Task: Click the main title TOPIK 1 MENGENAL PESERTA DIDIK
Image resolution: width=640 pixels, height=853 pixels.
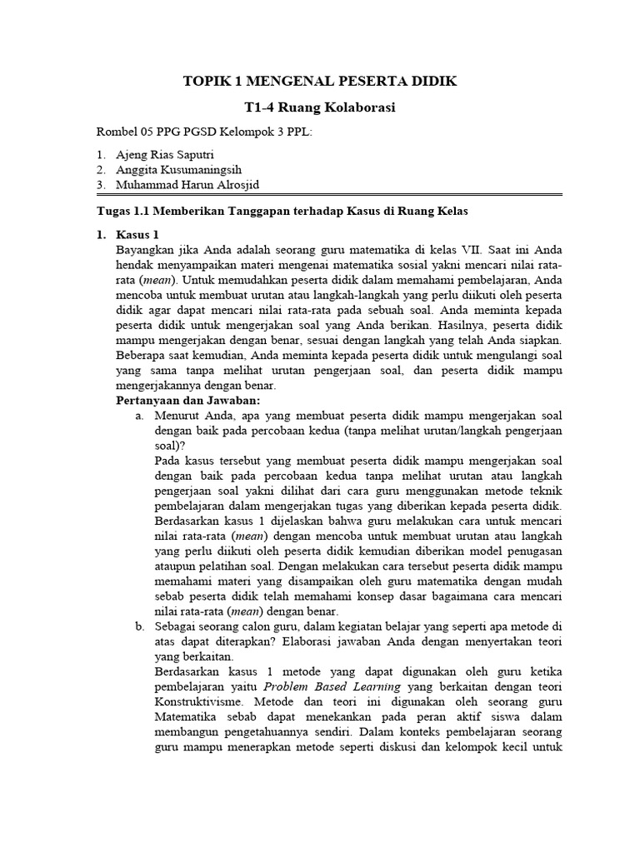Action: point(320,81)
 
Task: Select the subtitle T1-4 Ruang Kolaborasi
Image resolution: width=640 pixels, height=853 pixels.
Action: point(320,107)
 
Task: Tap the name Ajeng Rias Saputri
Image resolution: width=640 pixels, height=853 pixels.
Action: point(167,155)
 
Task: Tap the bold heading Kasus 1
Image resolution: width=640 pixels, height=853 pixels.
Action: point(137,234)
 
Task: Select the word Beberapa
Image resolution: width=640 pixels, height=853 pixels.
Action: point(142,355)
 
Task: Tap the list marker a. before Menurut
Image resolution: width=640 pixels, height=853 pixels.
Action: point(140,416)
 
